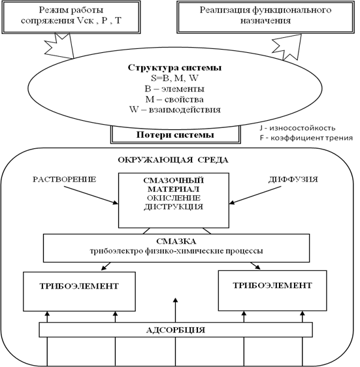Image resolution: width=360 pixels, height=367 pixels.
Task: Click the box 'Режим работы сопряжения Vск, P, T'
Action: (x=71, y=17)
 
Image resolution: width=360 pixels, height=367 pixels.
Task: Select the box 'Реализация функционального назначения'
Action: (x=265, y=17)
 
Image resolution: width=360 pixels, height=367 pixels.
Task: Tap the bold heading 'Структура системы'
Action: (x=174, y=68)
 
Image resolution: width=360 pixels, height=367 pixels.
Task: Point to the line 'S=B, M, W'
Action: (x=174, y=78)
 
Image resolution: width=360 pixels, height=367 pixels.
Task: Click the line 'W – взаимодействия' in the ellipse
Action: (x=175, y=110)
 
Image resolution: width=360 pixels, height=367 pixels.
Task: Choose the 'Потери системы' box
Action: (x=176, y=135)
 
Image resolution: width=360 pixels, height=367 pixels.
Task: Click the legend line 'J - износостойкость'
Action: (x=297, y=128)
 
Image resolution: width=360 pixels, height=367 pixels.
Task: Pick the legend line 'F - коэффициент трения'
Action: (x=306, y=138)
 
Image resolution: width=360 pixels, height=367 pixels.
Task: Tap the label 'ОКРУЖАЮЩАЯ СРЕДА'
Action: (x=173, y=160)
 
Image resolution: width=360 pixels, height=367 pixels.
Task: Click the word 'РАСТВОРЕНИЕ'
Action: (x=65, y=180)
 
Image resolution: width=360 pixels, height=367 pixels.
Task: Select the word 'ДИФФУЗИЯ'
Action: (x=293, y=180)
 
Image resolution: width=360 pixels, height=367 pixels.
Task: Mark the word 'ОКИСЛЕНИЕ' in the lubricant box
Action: (x=174, y=198)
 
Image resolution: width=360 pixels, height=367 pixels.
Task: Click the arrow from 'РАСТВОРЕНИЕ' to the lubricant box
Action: (x=91, y=195)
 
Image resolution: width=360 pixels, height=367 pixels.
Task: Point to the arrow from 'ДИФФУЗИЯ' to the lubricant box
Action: (x=255, y=195)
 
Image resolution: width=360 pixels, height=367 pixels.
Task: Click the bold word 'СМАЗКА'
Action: (x=176, y=242)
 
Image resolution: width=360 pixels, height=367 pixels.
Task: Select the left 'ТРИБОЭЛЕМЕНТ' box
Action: (x=80, y=291)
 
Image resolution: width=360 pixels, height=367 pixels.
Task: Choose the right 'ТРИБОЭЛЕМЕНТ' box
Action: (x=272, y=291)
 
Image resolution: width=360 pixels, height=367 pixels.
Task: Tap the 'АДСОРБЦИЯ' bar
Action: (x=176, y=330)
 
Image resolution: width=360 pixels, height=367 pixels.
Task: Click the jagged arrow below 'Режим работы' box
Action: (x=60, y=46)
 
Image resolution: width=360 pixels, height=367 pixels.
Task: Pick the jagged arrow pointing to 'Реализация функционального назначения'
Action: (x=287, y=47)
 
